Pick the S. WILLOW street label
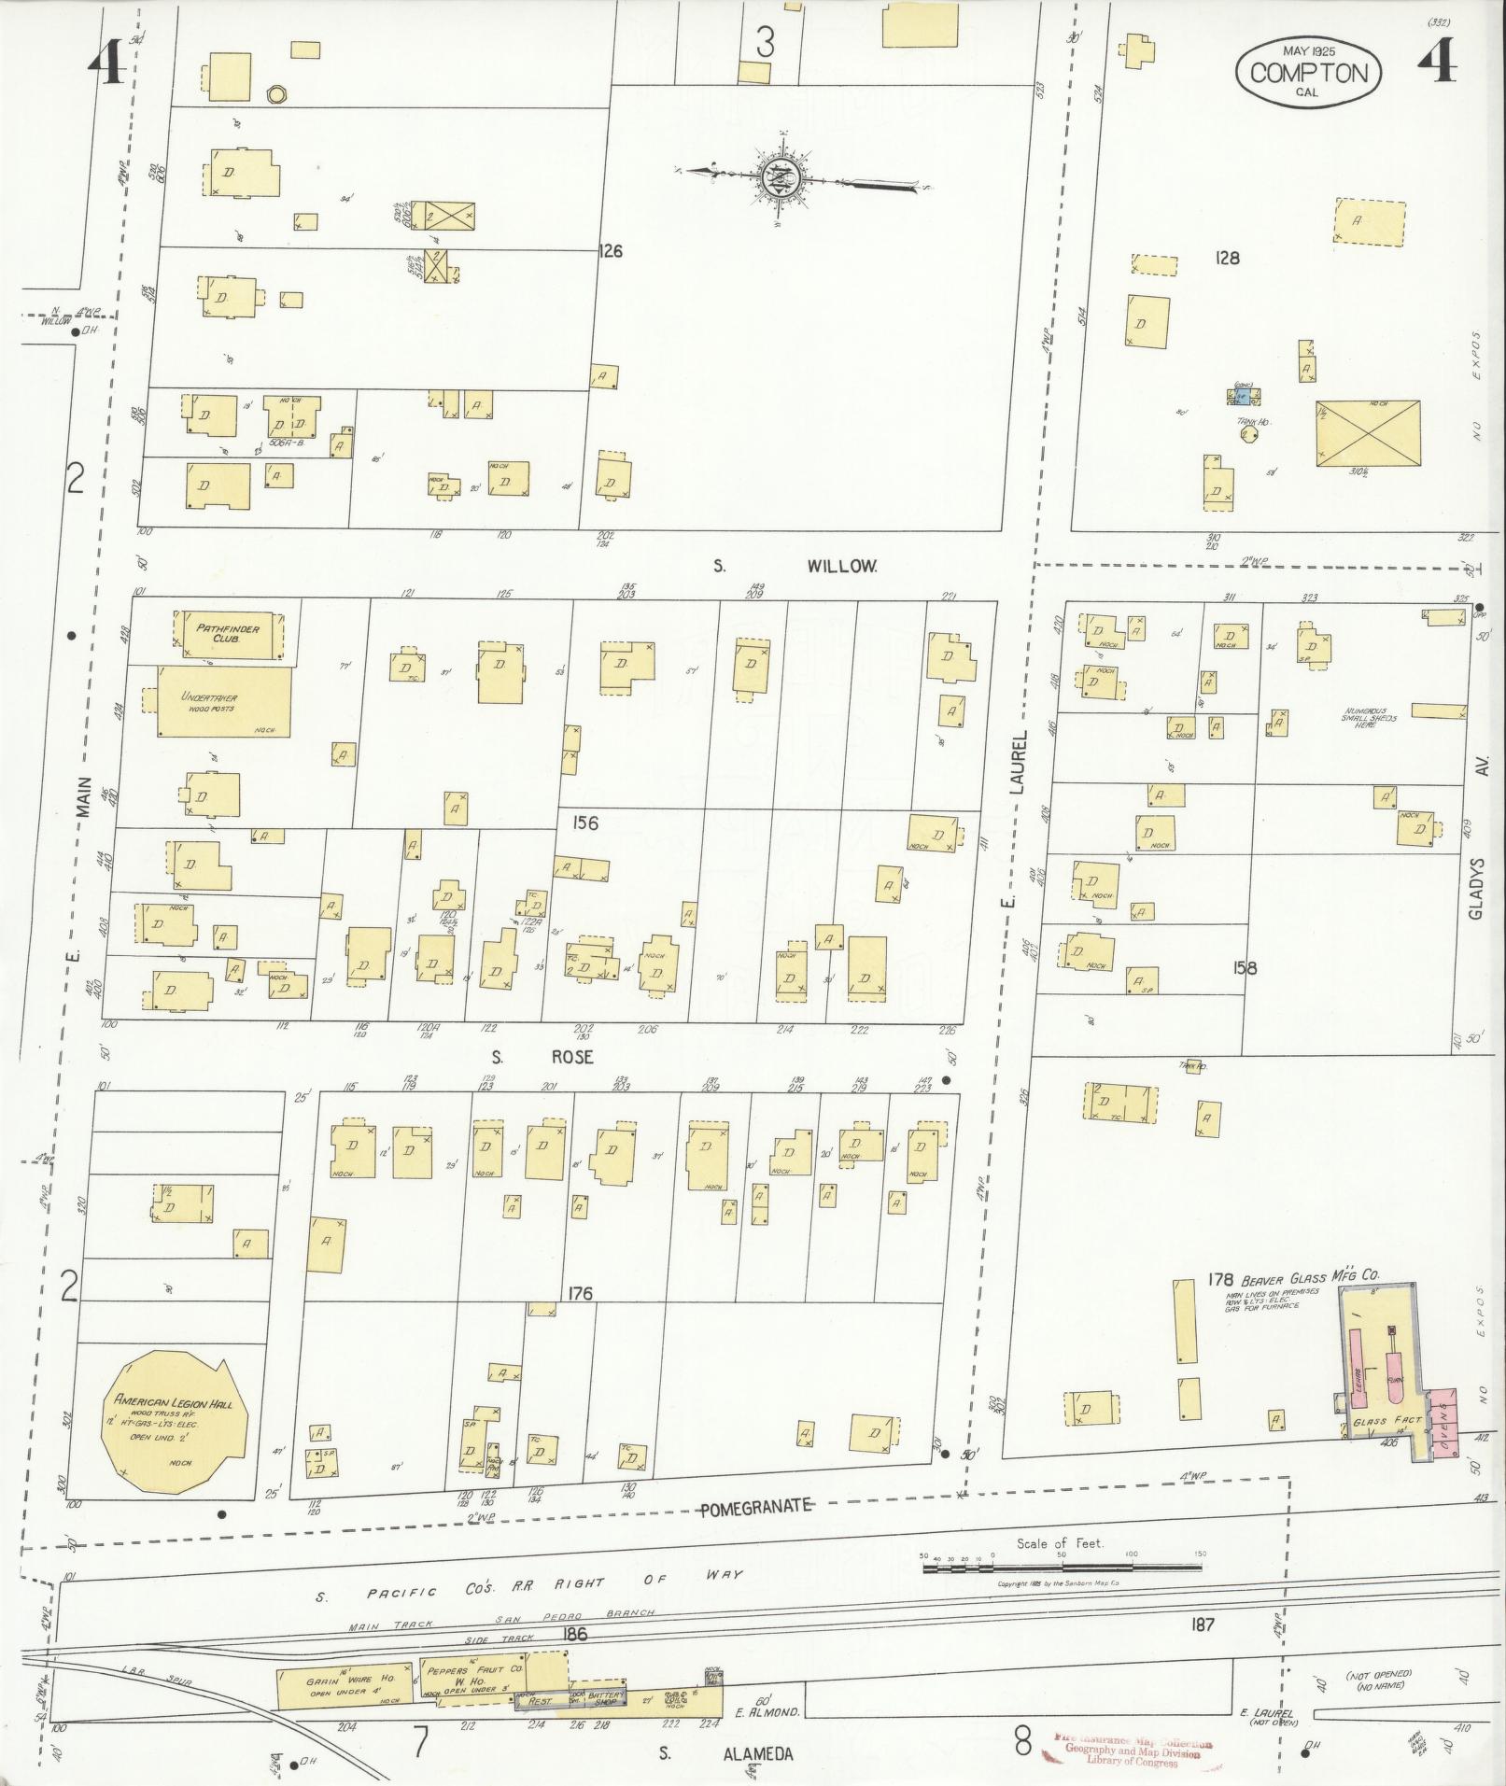click(795, 566)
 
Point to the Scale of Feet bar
click(1063, 1568)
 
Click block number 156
click(586, 823)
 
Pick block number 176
click(579, 1294)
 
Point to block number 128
click(1226, 258)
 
